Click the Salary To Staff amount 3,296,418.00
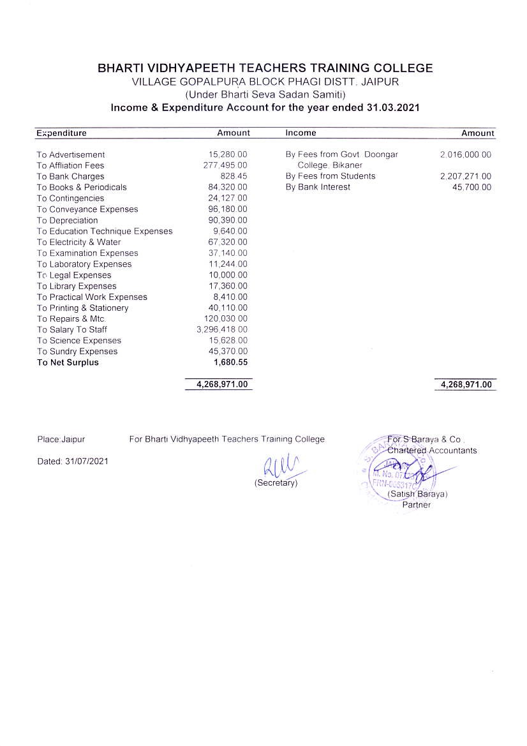222,330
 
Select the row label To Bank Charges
70,177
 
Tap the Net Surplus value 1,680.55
230,362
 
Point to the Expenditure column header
61,133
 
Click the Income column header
301,133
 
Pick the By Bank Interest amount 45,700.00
471,188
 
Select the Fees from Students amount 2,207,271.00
466,177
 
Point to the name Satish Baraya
418,495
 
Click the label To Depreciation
67,220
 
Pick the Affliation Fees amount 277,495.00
225,166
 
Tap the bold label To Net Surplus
68,362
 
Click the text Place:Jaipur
61,440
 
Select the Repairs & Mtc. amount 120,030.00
225,319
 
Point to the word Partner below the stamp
416,505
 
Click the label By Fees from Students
330,176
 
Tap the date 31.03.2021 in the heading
393,108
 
